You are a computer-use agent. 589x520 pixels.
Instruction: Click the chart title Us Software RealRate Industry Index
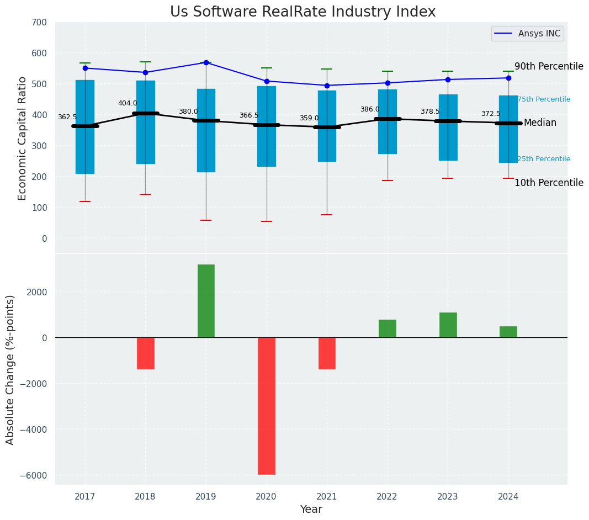(x=303, y=12)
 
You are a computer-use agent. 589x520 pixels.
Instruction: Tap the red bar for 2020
(x=267, y=406)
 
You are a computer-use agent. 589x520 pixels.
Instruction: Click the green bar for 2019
(x=206, y=301)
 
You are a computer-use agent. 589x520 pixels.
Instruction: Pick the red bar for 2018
(x=146, y=353)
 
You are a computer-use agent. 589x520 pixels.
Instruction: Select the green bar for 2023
(x=448, y=325)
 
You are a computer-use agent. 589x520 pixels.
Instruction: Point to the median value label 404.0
(x=128, y=103)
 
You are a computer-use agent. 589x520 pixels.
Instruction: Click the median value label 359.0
(x=309, y=118)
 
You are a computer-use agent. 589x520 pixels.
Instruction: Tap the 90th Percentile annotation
(x=549, y=66)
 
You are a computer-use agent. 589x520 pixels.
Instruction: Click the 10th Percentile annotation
(x=549, y=183)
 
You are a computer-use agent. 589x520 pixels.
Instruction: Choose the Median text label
(x=540, y=123)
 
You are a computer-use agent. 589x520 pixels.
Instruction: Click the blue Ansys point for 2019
(x=206, y=62)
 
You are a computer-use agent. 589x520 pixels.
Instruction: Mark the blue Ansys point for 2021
(x=327, y=86)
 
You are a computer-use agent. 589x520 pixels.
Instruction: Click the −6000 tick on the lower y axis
(x=34, y=475)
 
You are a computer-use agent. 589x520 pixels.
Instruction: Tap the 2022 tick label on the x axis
(x=388, y=497)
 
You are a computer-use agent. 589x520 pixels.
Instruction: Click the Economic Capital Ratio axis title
(x=22, y=138)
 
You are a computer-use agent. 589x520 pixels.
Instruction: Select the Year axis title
(x=311, y=510)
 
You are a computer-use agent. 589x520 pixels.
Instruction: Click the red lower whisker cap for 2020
(x=267, y=221)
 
